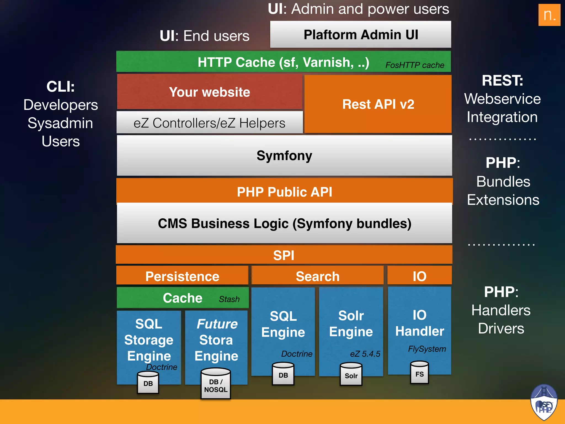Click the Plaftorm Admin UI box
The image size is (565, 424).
361,35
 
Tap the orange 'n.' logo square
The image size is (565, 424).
549,15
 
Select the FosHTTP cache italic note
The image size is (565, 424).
415,65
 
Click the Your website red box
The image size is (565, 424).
210,92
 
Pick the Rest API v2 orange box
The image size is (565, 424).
378,104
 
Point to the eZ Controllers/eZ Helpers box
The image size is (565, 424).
209,123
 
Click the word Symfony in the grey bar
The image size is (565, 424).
284,155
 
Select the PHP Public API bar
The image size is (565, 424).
284,192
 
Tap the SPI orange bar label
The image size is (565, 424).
284,255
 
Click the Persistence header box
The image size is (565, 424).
182,276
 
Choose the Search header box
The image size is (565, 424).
317,276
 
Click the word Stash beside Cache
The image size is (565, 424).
229,299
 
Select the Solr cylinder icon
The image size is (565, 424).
351,374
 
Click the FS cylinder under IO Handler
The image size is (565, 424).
419,373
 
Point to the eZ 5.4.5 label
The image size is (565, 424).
365,354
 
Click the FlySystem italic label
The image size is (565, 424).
427,349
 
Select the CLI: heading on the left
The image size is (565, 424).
60,86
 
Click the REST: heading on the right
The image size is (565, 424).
502,81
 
